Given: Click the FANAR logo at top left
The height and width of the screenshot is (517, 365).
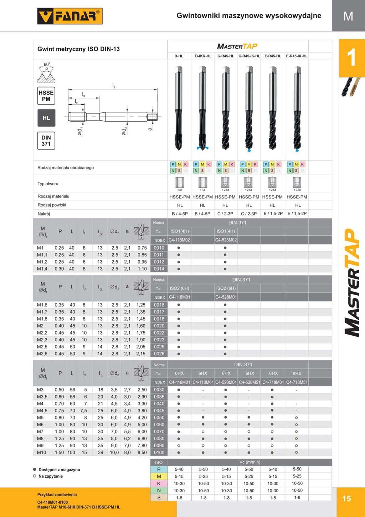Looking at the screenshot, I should (x=70, y=16).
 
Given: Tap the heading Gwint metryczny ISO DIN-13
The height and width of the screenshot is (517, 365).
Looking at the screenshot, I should (x=78, y=49).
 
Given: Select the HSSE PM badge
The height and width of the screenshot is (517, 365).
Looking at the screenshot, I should (x=46, y=96).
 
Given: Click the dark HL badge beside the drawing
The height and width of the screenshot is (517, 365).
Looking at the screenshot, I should (x=46, y=118).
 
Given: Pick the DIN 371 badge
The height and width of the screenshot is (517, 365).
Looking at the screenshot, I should (x=46, y=141).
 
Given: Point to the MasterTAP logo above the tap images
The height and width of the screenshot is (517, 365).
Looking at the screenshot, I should (x=237, y=46).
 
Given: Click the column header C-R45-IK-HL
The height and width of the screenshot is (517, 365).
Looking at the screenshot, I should (x=249, y=56).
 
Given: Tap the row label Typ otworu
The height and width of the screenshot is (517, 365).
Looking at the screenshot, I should (x=48, y=184).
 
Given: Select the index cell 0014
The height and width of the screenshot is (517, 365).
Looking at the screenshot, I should (x=159, y=269).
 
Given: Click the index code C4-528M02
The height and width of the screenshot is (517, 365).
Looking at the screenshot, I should (x=226, y=240).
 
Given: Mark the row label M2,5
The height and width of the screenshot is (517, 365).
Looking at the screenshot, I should (x=42, y=347).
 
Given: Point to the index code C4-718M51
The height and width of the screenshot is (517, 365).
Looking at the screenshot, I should (x=297, y=382).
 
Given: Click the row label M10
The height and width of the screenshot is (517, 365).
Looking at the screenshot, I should (x=42, y=452).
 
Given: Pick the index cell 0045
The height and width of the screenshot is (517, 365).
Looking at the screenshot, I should (x=159, y=411).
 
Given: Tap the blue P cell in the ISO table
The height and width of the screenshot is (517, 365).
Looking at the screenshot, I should (x=159, y=470).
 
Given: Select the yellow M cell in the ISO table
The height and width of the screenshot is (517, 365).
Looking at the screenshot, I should (x=159, y=476).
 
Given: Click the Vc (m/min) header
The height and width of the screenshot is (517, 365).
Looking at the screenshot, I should (x=250, y=462).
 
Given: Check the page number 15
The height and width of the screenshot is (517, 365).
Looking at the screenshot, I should (x=346, y=499).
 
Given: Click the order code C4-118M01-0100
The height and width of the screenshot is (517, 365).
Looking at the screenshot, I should (x=52, y=502).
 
